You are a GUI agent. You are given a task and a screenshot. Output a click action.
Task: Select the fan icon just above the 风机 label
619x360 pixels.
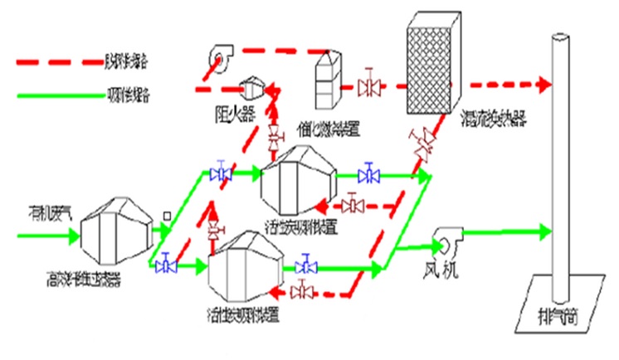(448, 243)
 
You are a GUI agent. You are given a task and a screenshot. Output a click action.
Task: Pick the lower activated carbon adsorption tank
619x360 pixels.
(247, 267)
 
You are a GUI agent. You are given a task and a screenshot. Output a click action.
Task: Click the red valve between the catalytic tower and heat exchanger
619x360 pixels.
(367, 85)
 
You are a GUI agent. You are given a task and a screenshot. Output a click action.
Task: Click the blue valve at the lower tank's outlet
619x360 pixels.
(307, 267)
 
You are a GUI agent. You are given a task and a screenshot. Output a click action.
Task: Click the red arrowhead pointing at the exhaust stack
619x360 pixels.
(545, 85)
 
